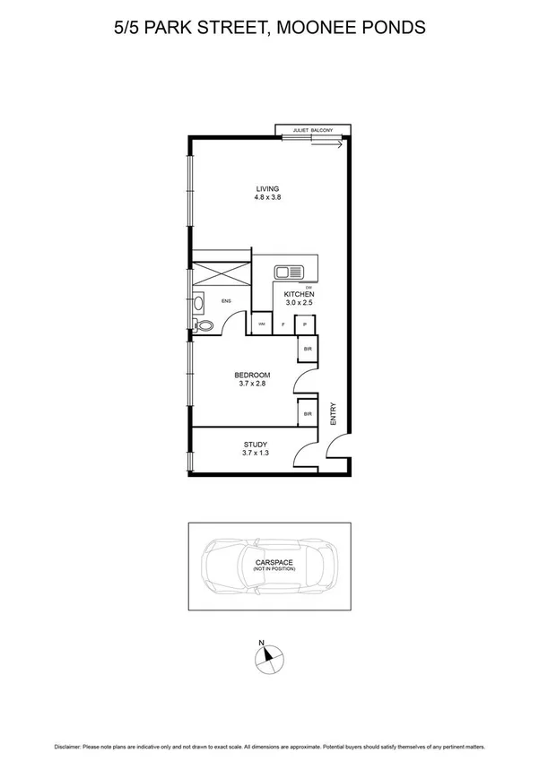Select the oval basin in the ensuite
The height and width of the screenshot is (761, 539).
[196, 303]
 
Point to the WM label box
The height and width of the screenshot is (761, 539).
[262, 323]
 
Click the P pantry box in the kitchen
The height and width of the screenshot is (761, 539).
[306, 324]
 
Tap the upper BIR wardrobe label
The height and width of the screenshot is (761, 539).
[307, 348]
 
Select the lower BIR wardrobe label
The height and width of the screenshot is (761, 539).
[307, 414]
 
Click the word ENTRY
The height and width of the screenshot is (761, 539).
[333, 413]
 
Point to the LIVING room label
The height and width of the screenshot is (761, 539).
[267, 189]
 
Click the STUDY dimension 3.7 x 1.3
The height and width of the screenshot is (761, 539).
[256, 454]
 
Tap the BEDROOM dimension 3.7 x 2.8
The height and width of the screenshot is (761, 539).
[252, 384]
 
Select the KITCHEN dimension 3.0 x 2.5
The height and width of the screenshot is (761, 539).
[297, 303]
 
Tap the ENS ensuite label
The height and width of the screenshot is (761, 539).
[227, 300]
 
